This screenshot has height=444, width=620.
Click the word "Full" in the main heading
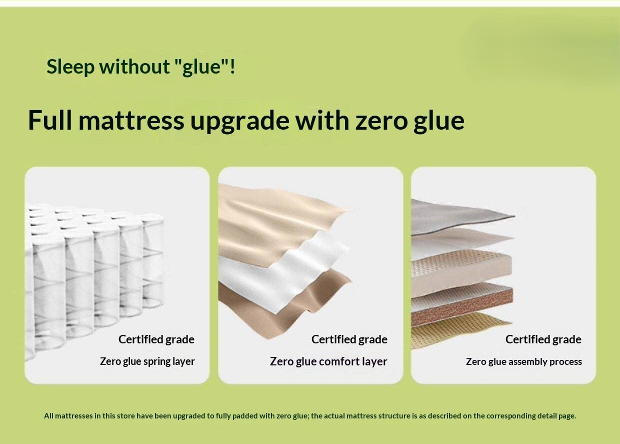(x=49, y=121)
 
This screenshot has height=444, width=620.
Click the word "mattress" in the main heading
(x=131, y=121)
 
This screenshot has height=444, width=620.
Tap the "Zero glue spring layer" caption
(x=147, y=361)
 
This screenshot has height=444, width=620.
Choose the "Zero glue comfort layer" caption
(x=328, y=361)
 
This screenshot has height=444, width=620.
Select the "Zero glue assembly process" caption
(x=523, y=361)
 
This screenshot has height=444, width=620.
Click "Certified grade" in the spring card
(x=156, y=339)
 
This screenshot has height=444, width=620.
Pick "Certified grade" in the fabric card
(x=349, y=339)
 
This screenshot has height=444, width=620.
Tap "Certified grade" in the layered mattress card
(x=543, y=339)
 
